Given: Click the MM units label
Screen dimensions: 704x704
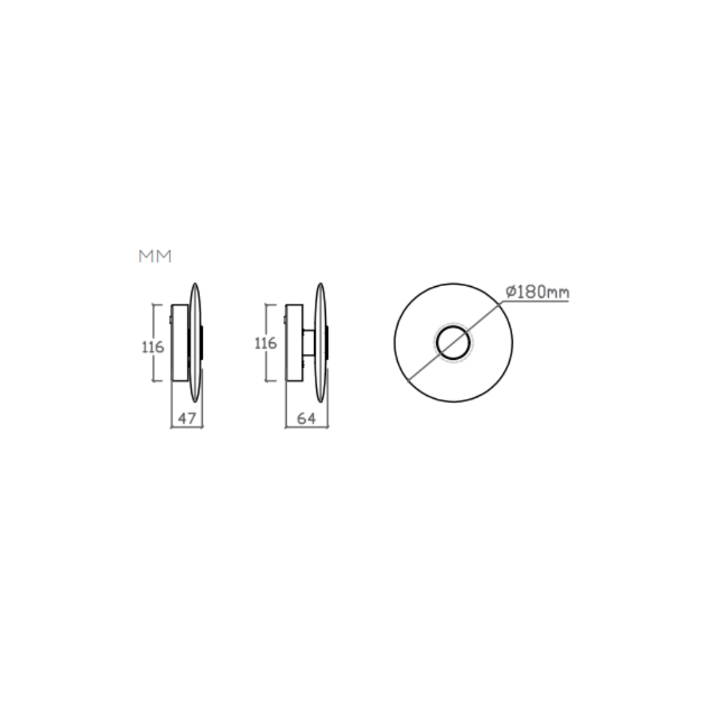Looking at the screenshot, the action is click(x=155, y=256).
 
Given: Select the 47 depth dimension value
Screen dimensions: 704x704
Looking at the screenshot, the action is click(x=187, y=418).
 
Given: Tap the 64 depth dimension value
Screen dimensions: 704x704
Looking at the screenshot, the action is click(x=306, y=418).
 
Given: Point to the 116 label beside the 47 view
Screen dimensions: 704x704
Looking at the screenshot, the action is click(x=153, y=347).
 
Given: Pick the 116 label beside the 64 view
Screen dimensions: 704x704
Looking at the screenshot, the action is click(x=265, y=344).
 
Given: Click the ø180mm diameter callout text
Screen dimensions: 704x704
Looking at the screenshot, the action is click(x=537, y=292).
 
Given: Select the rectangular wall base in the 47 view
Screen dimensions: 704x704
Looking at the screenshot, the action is click(x=180, y=343).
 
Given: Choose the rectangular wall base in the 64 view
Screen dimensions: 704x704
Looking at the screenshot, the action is click(x=294, y=343).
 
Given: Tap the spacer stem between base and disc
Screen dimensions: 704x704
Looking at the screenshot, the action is click(x=309, y=343).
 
